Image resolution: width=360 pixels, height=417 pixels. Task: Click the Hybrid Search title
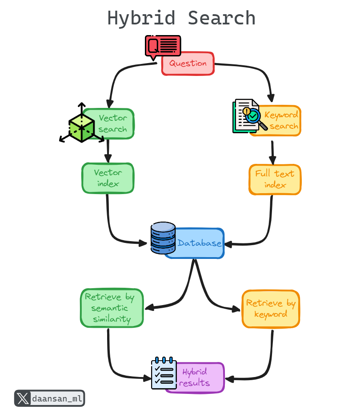pos(181,19)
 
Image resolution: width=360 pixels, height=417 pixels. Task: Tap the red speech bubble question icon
pos(162,46)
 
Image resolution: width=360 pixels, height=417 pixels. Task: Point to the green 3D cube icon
pos(81,125)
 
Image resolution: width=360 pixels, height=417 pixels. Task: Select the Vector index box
pos(108,178)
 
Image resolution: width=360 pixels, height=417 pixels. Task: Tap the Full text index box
pos(275,179)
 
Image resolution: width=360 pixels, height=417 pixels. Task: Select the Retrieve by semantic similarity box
pos(112,308)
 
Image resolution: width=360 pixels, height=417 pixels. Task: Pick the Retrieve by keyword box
pos(271,309)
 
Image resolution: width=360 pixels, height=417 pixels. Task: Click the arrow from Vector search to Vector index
pos(108,151)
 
